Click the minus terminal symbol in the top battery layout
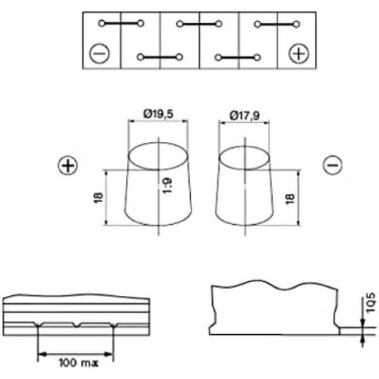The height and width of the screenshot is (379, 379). [x=99, y=54]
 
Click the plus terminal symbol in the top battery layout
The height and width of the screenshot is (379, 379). [x=299, y=54]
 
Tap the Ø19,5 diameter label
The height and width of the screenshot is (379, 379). [x=159, y=114]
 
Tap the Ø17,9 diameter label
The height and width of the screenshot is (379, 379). [x=244, y=116]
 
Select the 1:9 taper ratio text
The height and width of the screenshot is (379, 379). [x=167, y=186]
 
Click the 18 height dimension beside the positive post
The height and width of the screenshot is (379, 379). [x=99, y=198]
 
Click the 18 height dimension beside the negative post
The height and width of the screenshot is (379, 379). [x=290, y=199]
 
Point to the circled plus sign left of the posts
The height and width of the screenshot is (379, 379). [x=68, y=165]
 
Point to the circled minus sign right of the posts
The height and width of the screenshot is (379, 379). [x=333, y=165]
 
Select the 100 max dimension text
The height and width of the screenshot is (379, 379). [x=79, y=363]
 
